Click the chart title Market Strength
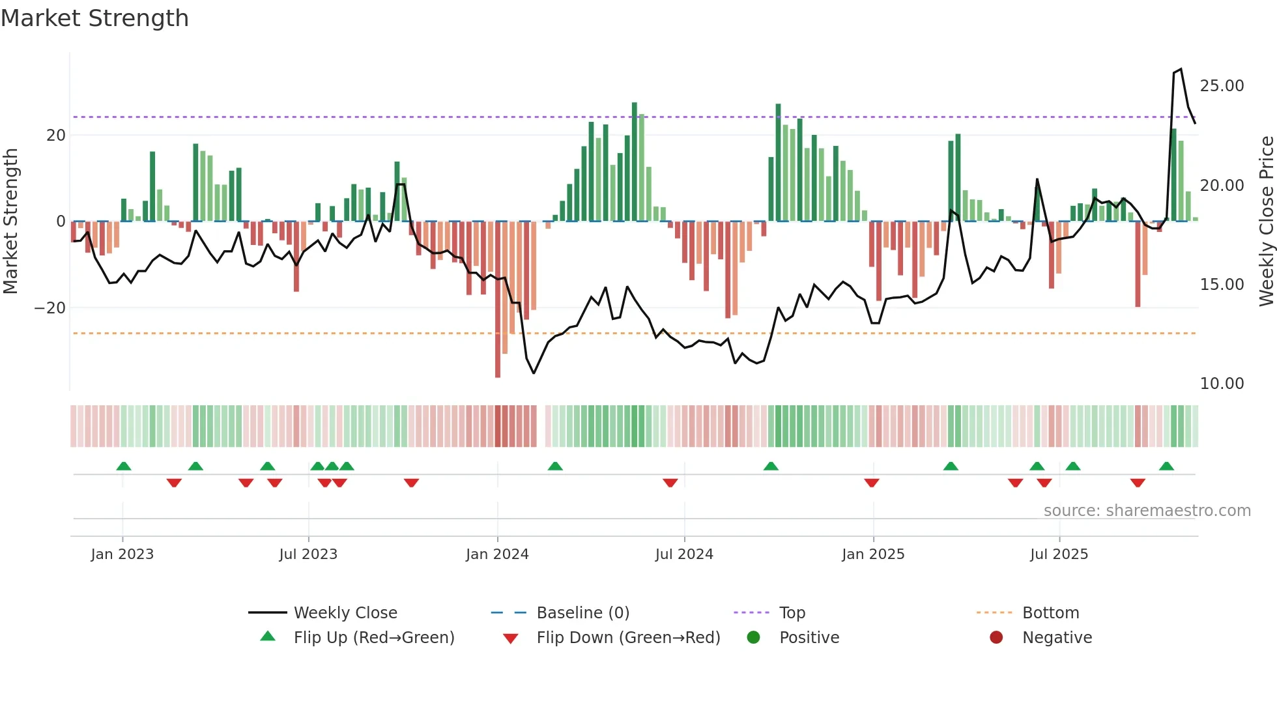tap(94, 18)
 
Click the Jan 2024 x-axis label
tap(497, 554)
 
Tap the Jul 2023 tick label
tap(308, 554)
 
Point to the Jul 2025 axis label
tap(1059, 554)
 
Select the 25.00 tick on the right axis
tap(1222, 86)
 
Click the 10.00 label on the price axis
tap(1222, 384)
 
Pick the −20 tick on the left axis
tap(50, 308)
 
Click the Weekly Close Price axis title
tap(1266, 222)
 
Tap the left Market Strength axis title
tap(10, 222)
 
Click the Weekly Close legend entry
tap(345, 613)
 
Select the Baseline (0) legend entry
tap(582, 613)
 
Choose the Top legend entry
tap(792, 613)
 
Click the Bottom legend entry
tap(1050, 613)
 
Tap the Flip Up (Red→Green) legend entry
tap(373, 638)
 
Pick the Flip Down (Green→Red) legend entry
tap(628, 638)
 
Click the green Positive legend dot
tap(754, 638)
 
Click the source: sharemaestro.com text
tap(1147, 511)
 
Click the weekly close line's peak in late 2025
tap(1181, 69)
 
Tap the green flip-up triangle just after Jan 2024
tap(555, 467)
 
